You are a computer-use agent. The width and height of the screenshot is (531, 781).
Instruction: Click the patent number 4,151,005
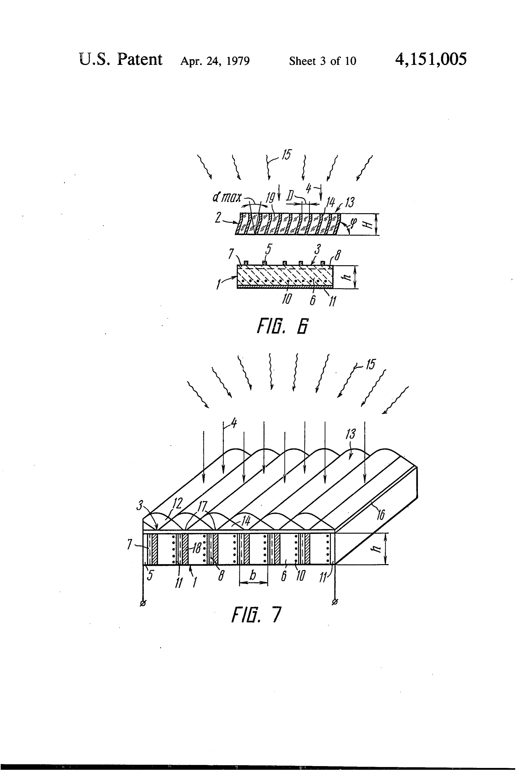point(431,60)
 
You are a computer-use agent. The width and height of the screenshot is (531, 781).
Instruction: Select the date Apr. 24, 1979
point(215,61)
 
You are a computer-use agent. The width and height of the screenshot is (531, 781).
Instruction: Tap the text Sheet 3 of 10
point(322,61)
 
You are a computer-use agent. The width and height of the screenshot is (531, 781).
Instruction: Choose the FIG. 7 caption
point(256,614)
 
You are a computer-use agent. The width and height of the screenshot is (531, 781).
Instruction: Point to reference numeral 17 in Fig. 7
point(202,506)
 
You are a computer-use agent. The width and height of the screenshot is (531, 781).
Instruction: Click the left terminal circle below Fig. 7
point(143,603)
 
